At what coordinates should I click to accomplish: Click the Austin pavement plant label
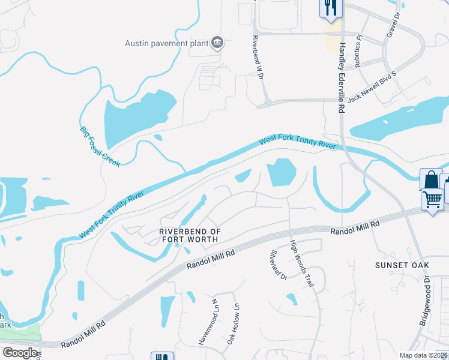point(166,43)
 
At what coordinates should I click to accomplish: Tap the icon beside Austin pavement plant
point(217,43)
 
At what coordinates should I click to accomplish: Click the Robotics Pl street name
point(360,46)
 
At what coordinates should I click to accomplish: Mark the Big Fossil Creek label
point(100,146)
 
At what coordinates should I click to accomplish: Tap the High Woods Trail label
point(302,263)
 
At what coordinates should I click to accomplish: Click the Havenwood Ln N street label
point(207,322)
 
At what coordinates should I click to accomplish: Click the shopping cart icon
point(432,198)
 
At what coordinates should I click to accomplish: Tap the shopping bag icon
point(430,179)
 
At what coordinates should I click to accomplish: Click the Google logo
point(20,352)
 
